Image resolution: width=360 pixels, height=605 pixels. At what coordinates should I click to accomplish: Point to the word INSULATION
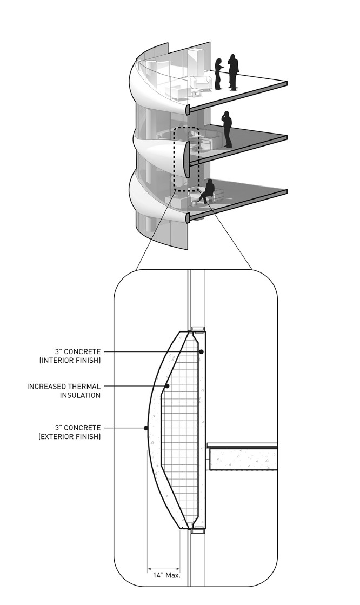coord(80,396)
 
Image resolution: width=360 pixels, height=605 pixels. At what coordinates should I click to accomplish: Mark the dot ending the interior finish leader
coord(201,351)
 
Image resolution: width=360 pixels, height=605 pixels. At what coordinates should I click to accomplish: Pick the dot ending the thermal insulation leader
coord(168,386)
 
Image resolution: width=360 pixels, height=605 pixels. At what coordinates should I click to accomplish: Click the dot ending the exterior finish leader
coord(145,428)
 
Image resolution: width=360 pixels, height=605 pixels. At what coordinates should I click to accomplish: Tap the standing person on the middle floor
coord(227,129)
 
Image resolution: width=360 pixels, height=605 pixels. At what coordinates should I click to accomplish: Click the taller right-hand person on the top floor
coord(233,71)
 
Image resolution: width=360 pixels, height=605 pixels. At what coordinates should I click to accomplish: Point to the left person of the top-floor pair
coord(218,74)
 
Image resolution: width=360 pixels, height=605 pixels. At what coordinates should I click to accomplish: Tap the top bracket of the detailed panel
coord(198,329)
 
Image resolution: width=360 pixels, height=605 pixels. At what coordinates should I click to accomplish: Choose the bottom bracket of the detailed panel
coord(198,529)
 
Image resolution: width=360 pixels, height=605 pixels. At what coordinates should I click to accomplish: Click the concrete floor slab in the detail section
coord(243,458)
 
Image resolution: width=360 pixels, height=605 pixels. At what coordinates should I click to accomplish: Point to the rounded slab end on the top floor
coord(188,110)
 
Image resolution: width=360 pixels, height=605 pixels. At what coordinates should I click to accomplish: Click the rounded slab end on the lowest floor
coord(188,218)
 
